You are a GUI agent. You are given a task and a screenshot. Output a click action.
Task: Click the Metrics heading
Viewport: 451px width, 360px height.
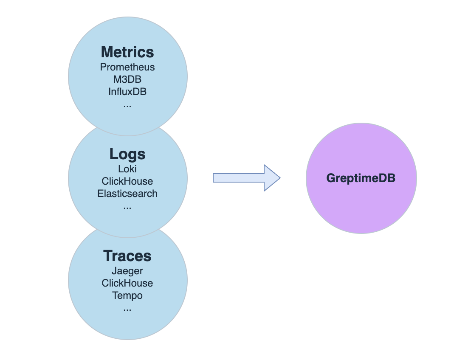(x=127, y=52)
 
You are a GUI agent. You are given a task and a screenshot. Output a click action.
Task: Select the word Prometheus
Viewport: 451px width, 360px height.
(x=127, y=67)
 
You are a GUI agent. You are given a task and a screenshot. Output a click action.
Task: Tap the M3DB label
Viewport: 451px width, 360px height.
(x=127, y=79)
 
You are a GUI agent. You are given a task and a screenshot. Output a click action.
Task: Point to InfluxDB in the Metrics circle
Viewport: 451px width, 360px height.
(x=127, y=91)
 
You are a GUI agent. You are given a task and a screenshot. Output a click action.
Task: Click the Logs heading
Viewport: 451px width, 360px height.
(x=127, y=154)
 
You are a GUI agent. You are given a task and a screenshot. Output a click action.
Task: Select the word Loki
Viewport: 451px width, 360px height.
(x=127, y=169)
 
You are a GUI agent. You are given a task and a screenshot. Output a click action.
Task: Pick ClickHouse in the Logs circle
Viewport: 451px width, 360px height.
(x=127, y=181)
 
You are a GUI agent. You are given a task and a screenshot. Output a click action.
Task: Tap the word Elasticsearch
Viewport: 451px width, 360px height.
(x=127, y=194)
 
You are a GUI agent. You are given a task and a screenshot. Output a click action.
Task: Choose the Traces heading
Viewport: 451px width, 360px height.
(x=127, y=256)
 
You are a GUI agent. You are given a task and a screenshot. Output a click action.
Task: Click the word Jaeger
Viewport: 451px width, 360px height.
(x=127, y=271)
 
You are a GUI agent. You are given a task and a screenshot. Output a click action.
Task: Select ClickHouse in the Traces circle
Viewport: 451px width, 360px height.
(x=127, y=283)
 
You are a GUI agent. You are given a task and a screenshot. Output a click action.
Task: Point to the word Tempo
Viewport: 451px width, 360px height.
(x=127, y=295)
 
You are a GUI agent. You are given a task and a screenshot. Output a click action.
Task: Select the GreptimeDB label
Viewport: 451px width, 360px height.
(x=361, y=178)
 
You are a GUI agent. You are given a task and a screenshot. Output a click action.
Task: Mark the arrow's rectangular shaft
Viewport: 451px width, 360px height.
(x=238, y=178)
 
